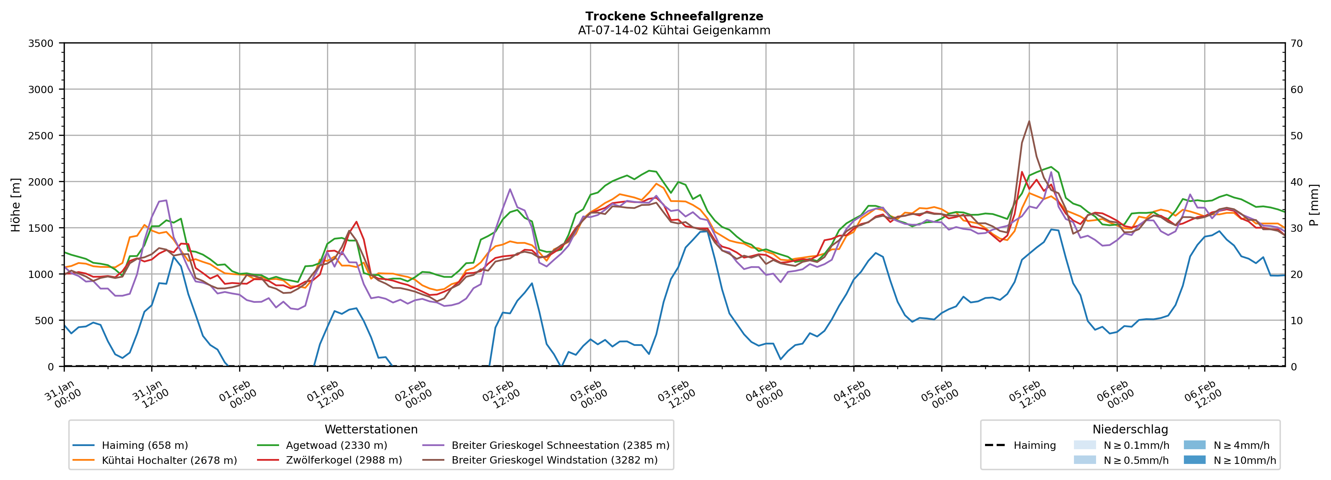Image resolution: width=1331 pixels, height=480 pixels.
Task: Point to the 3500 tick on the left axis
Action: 41,43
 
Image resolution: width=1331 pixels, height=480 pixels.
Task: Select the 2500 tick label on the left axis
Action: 41,136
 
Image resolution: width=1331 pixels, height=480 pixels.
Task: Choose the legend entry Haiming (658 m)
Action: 145,445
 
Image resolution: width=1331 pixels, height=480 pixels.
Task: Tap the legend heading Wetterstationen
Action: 371,429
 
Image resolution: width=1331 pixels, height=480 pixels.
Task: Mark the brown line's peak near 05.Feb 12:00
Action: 1029,121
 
